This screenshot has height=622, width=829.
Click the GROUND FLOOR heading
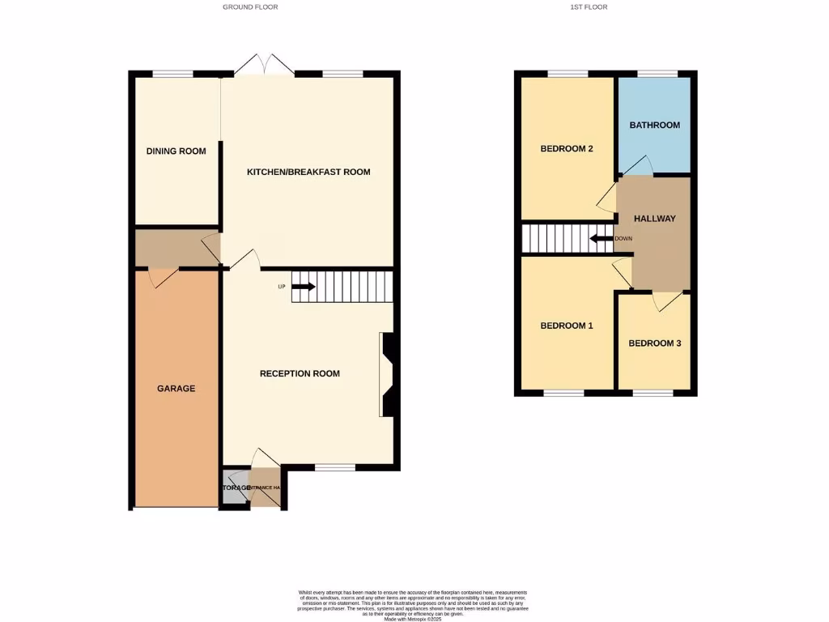coord(250,7)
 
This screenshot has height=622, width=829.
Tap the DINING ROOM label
coord(176,151)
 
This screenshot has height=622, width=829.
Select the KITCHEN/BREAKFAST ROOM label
coord(308,172)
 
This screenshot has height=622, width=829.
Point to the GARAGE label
coord(176,389)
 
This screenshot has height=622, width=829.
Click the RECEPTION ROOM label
coord(300,373)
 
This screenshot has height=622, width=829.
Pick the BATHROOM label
coord(655,126)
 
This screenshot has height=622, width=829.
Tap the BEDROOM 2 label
coord(568,149)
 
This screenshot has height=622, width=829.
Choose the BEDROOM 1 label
coord(567,326)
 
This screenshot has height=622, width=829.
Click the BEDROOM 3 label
coord(655,343)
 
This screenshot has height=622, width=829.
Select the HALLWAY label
coord(654,219)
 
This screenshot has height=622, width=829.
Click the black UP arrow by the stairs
coord(303,286)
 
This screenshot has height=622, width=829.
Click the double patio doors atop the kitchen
coord(266,66)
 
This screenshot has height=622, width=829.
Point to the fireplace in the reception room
coord(387,375)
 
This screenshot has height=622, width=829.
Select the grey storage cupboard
coord(233,488)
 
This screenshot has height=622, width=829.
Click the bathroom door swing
coord(638,164)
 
